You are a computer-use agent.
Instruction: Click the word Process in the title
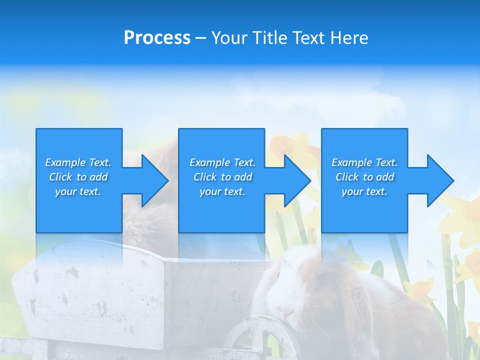tap(157, 38)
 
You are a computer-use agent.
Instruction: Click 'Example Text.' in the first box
tap(78, 162)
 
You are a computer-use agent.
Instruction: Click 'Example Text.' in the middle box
tap(222, 162)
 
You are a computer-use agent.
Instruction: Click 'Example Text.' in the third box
tap(364, 162)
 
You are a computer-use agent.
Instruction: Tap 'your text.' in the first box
tap(78, 191)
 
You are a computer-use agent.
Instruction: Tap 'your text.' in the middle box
tap(222, 191)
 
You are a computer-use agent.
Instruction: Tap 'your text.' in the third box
tap(364, 191)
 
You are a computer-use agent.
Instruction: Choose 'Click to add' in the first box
tap(78, 177)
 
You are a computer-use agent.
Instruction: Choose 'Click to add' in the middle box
tap(222, 177)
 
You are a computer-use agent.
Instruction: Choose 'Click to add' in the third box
tap(364, 177)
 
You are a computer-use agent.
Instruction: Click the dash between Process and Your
tap(200, 38)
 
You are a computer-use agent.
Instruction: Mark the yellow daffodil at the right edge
tap(467, 215)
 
